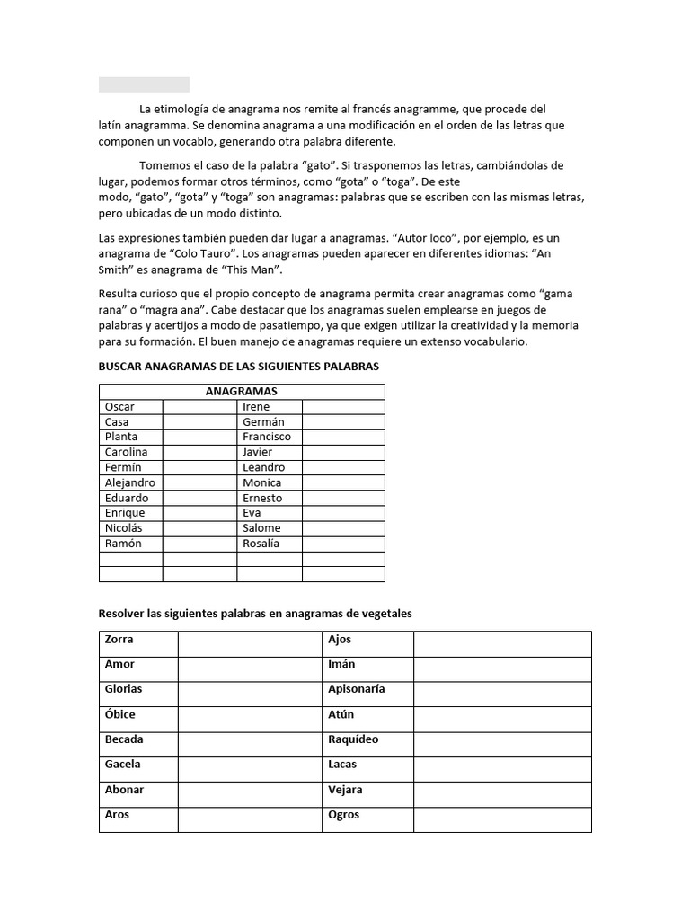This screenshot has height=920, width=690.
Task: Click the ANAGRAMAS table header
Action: [x=241, y=392]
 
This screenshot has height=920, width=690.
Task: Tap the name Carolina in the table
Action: [x=126, y=452]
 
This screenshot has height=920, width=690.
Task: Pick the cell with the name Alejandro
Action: [x=129, y=482]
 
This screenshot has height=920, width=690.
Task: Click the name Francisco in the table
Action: [x=267, y=437]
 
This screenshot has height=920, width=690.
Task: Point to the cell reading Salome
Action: [x=261, y=528]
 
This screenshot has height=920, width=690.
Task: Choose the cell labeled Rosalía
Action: [x=261, y=544]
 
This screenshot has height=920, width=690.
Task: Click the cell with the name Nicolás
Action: [x=123, y=528]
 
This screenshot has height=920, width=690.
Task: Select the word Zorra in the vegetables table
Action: [x=119, y=640]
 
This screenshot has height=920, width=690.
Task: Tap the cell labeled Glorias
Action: [x=123, y=689]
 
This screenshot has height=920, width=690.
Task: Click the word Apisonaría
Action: [x=357, y=689]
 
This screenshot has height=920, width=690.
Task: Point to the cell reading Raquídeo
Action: [x=353, y=739]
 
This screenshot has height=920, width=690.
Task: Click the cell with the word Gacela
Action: [x=123, y=765]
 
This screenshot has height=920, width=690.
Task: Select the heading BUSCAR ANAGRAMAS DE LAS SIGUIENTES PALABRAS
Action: [x=238, y=367]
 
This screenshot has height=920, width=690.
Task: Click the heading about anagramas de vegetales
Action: [x=254, y=614]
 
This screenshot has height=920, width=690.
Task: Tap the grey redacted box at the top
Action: [x=144, y=84]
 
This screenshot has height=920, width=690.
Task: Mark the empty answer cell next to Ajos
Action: [x=501, y=644]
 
